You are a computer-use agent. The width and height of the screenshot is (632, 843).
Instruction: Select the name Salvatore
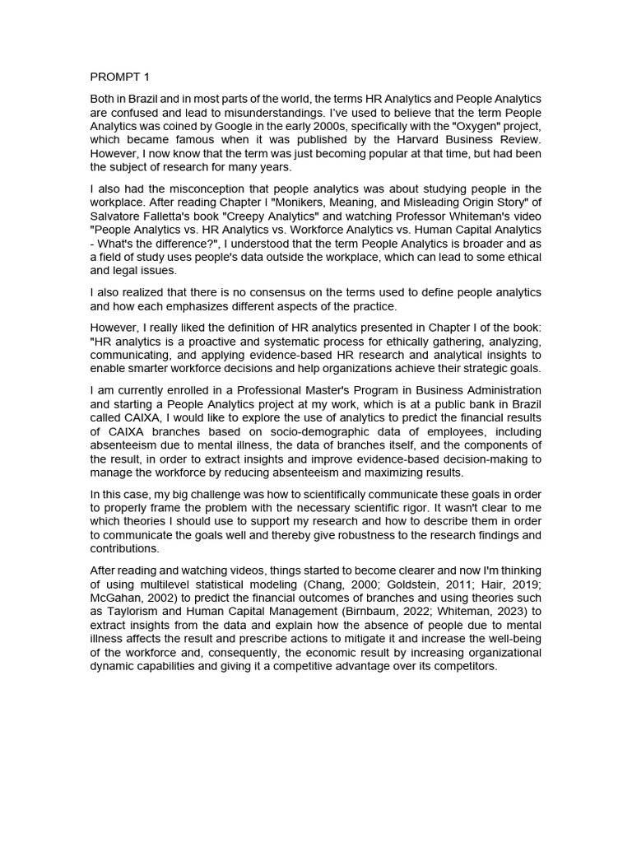[x=116, y=217]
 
